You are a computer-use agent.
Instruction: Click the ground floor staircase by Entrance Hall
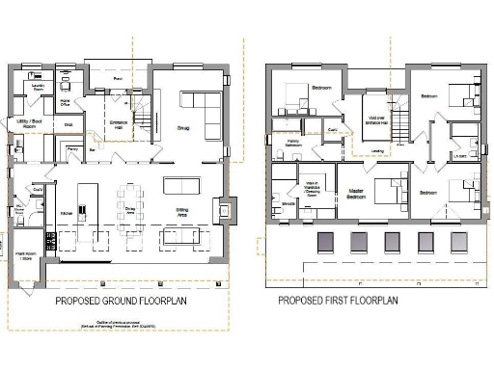click(x=143, y=120)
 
